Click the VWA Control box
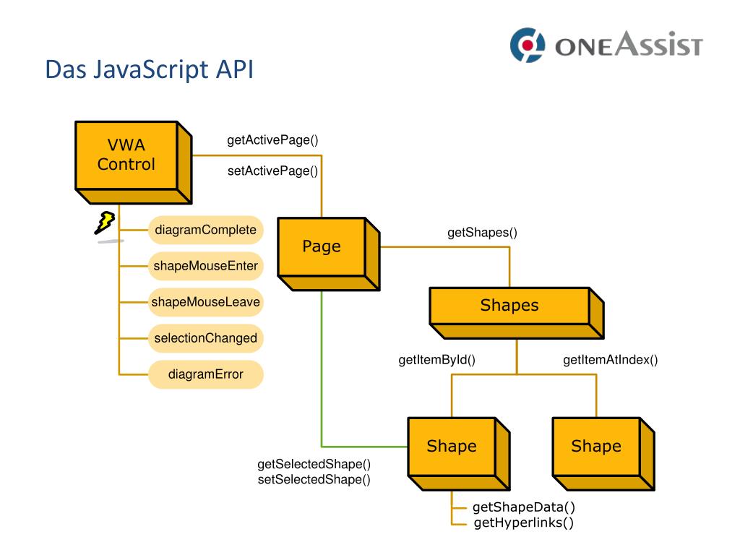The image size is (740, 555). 134,163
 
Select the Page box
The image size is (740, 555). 329,254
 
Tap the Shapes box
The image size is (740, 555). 517,313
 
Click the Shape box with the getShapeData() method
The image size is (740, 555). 459,454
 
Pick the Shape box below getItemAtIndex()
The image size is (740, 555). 603,454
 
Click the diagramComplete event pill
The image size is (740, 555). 206,230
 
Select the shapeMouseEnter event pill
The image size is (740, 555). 206,266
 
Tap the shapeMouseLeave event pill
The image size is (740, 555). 206,302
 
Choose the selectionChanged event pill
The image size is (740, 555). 206,338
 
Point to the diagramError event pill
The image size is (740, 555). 206,374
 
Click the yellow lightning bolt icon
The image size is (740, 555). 105,223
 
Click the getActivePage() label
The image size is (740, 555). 272,140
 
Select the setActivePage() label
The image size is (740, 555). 272,171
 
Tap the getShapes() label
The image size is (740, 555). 482,233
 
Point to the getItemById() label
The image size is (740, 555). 437,360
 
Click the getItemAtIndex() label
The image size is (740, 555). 610,360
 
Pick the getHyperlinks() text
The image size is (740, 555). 524,523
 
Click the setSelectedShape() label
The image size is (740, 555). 314,480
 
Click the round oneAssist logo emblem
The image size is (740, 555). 528,46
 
